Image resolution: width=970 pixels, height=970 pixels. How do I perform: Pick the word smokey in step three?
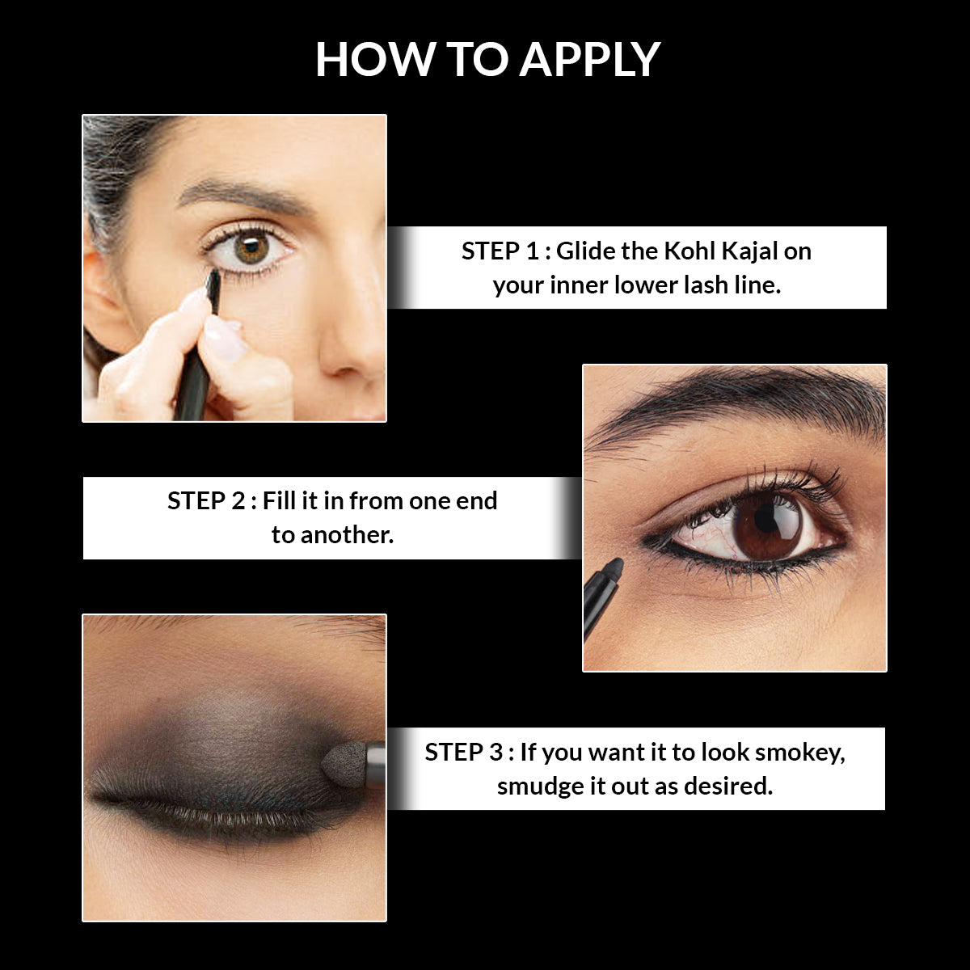799,753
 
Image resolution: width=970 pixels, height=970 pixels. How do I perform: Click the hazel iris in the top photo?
252,247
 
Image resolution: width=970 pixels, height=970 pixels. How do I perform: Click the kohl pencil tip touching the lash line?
213,279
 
